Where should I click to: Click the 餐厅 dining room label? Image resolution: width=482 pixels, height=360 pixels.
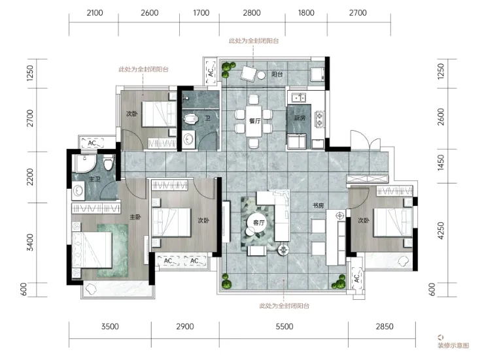coord(255,121)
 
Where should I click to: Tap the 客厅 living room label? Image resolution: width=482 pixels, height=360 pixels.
coord(259,222)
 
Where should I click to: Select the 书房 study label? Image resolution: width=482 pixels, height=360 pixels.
coord(318,206)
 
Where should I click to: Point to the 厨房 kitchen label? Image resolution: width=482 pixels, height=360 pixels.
coord(300,118)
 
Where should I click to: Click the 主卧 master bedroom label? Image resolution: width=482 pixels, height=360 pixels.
coord(135,217)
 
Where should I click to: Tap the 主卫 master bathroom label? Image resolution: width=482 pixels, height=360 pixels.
coord(95,179)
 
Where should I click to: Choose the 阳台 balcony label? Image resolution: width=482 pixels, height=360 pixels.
coord(277,74)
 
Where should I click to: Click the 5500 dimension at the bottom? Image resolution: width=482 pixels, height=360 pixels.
coord(284,326)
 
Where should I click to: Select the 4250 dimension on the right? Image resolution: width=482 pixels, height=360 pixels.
coord(441,231)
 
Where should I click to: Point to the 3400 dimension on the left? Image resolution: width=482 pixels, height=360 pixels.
coord(30,242)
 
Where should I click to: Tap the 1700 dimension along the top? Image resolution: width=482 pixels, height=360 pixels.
coord(201,13)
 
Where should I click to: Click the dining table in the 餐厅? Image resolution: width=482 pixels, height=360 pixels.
coord(254,121)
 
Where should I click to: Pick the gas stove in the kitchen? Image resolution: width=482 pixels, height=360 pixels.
coord(320,120)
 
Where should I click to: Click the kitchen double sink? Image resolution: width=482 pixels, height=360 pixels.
coord(298,98)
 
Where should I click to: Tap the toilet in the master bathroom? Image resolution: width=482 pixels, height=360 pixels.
coord(109,162)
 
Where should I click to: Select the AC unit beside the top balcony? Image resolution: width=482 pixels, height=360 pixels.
coord(211,72)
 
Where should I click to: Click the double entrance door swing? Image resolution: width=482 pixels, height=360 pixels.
coord(366,140)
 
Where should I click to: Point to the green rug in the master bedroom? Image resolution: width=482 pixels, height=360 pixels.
coord(112,250)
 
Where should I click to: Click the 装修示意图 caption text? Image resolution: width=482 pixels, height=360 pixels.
coord(453,345)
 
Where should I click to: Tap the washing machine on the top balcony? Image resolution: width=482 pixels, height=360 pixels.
coord(317,74)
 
